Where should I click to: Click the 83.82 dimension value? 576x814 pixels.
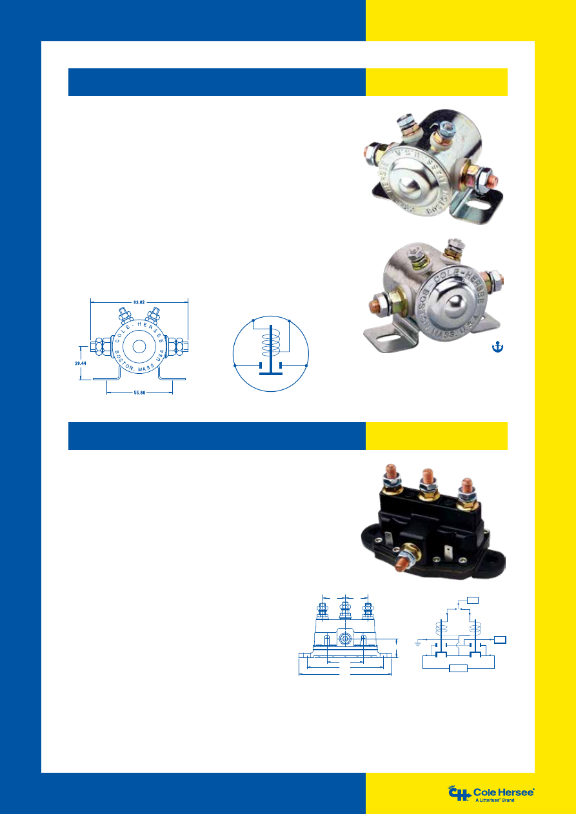point(139,301)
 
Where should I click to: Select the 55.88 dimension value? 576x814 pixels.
point(139,392)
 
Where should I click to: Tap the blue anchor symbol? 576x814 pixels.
point(497,347)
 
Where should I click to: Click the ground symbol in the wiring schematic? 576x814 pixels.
point(419,643)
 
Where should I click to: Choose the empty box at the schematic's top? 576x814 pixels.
point(473,601)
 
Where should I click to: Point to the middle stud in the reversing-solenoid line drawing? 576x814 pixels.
point(345,609)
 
